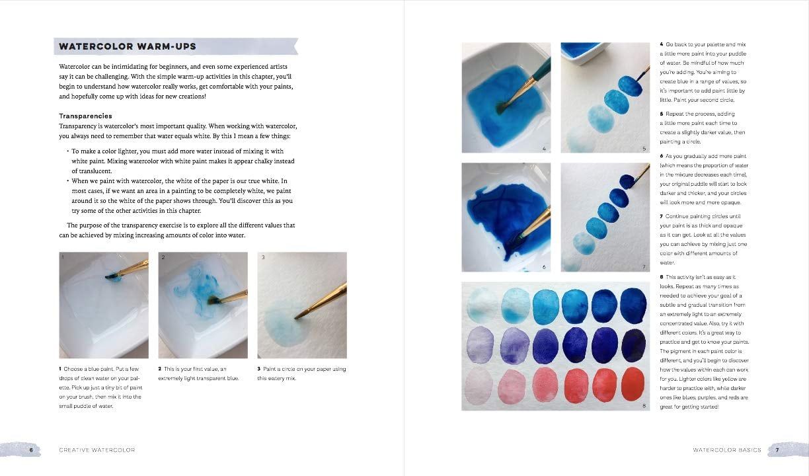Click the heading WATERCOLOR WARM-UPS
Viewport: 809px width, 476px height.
127,47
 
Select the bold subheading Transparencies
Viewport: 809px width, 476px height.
85,116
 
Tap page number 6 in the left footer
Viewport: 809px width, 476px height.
31,450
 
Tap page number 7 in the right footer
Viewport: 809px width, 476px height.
777,450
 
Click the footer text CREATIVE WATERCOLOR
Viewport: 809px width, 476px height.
96,450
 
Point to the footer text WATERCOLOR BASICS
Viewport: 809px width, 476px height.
726,450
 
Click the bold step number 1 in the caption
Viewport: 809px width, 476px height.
61,369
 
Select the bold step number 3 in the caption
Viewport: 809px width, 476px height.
258,369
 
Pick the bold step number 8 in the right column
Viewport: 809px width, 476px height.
662,278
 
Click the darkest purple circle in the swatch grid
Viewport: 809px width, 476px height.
633,344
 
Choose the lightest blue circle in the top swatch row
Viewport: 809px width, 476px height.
481,305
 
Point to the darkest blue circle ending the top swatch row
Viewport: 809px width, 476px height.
633,305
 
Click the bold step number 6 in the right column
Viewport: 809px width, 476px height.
662,157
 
